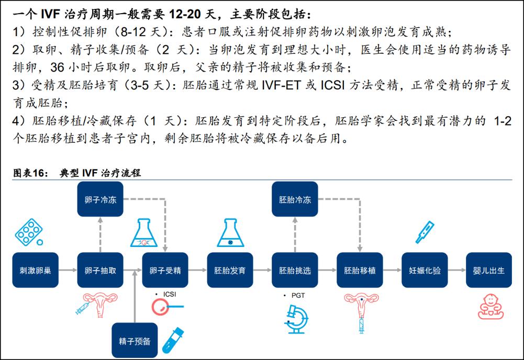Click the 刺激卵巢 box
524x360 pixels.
click(x=36, y=270)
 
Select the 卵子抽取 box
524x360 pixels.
click(x=101, y=270)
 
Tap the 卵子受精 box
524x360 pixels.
click(x=165, y=270)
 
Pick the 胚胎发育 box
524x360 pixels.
click(x=230, y=270)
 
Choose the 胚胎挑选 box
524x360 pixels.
click(x=295, y=270)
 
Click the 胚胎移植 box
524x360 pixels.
click(x=360, y=270)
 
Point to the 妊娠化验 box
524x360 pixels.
click(x=425, y=270)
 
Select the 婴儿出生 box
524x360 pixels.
click(x=489, y=270)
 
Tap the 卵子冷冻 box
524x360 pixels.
click(x=101, y=199)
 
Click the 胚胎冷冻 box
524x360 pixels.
click(x=295, y=199)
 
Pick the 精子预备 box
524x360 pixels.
click(x=135, y=340)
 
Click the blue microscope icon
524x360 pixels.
click(x=297, y=319)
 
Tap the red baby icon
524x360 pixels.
click(x=490, y=307)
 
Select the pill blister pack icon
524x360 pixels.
click(x=29, y=232)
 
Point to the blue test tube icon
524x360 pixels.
click(x=173, y=340)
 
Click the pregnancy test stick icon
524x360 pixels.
click(x=425, y=232)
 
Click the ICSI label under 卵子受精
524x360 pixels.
click(x=170, y=294)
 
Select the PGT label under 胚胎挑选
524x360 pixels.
click(x=298, y=296)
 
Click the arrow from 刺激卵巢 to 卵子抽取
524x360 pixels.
click(x=68, y=270)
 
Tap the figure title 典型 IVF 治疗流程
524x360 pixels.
click(x=101, y=173)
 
